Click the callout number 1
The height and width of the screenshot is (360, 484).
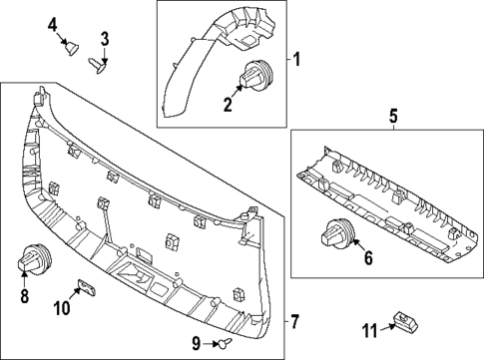[296, 59]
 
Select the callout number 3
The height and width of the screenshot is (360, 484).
[104, 40]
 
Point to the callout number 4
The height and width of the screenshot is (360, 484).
[53, 22]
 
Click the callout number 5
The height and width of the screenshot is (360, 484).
[392, 117]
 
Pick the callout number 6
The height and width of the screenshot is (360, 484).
[367, 259]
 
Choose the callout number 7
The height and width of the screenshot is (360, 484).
[294, 321]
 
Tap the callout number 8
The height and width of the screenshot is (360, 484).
[24, 295]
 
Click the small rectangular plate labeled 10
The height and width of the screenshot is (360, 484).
[87, 288]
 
